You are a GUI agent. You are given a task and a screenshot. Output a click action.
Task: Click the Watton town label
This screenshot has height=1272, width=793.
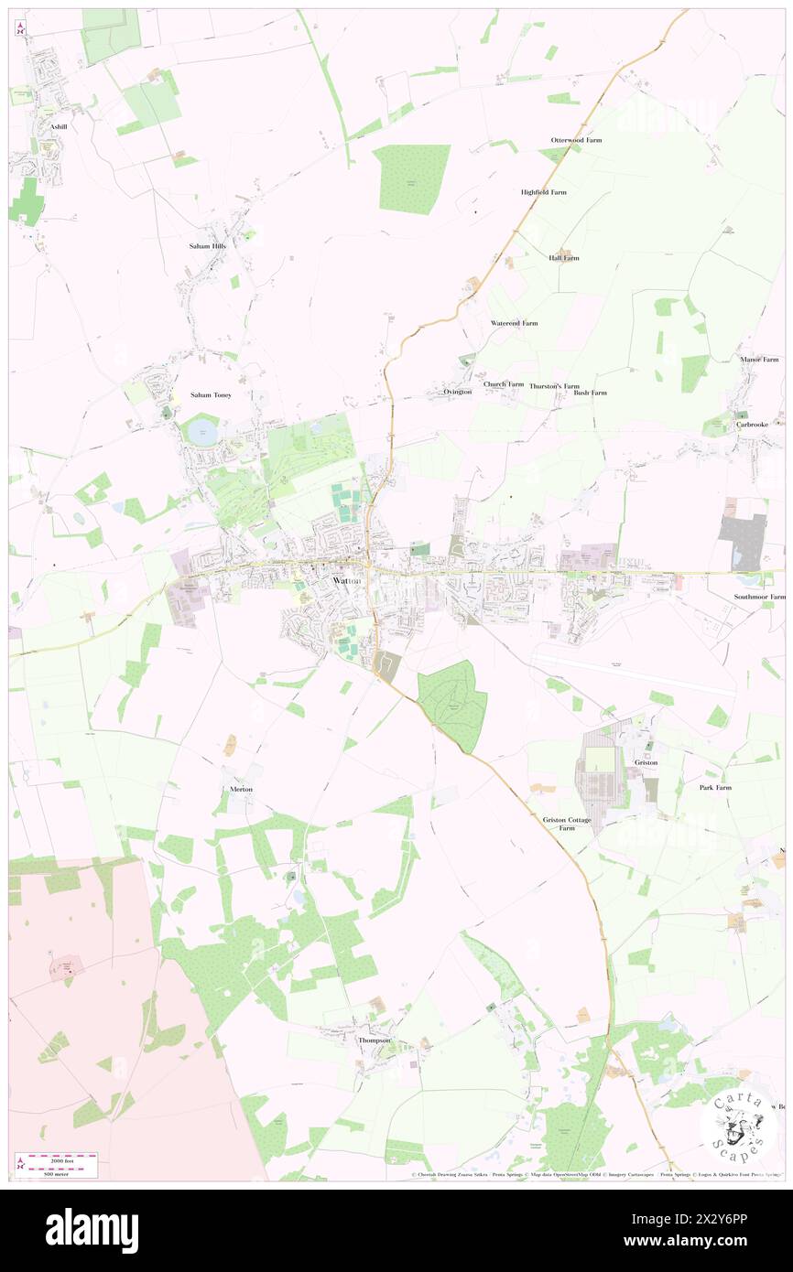[348, 581]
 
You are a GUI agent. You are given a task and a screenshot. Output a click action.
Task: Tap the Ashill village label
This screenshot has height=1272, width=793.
[60, 125]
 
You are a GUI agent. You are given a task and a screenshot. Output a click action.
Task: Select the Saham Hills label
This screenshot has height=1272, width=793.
[207, 246]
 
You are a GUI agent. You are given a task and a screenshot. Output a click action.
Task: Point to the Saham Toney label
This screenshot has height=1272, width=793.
[211, 394]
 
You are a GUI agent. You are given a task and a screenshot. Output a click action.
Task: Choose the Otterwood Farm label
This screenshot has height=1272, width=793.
[576, 140]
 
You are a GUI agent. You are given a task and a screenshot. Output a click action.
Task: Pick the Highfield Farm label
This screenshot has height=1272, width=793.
[544, 192]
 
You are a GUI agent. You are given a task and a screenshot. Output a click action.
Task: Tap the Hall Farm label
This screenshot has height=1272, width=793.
[564, 258]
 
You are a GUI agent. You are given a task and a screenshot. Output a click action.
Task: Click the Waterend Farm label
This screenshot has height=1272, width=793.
[515, 323]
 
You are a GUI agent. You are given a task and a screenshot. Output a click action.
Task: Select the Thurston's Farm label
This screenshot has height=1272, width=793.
[554, 385]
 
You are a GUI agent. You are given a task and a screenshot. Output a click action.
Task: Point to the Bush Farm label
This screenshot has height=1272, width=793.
[591, 393]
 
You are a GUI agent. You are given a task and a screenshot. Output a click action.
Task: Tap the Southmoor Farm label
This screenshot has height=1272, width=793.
[759, 597]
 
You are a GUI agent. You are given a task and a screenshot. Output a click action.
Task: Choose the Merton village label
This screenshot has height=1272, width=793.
[242, 789]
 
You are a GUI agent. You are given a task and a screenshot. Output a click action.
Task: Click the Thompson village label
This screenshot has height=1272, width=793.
[375, 1040]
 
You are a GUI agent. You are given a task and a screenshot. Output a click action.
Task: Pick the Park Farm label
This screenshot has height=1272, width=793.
[715, 787]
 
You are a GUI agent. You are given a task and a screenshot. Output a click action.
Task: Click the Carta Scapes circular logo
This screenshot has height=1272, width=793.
[737, 1123]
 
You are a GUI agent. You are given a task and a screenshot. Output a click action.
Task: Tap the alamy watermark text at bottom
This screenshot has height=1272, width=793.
[92, 1230]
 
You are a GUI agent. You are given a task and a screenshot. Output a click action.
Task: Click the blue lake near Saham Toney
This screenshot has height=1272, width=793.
[202, 430]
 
